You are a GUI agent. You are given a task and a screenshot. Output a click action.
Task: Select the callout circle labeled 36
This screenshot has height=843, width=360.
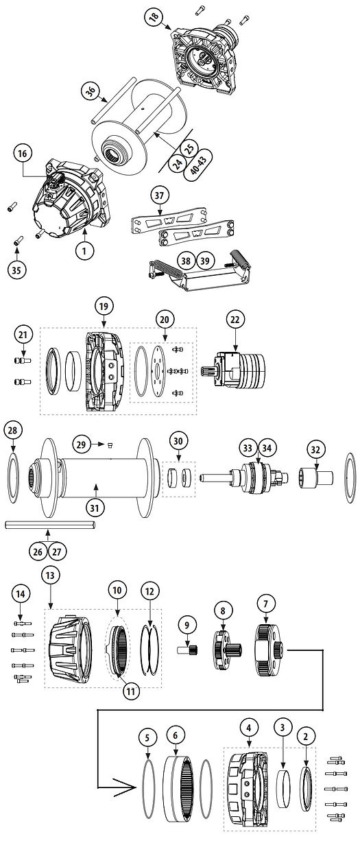[89, 90]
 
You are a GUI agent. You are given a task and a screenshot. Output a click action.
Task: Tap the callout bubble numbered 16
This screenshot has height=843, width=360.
[23, 154]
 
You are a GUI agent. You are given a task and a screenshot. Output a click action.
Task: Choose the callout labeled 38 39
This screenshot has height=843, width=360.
[194, 261]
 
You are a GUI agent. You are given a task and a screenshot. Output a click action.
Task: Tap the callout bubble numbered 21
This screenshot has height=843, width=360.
[23, 334]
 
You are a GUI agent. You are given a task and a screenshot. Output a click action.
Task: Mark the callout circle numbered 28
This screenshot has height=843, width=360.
[13, 430]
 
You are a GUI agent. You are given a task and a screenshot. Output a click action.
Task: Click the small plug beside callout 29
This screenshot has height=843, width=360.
[108, 444]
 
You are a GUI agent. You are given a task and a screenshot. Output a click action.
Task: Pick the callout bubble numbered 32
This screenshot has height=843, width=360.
[315, 450]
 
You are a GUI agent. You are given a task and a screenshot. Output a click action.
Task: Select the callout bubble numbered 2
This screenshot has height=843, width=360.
[309, 736]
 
